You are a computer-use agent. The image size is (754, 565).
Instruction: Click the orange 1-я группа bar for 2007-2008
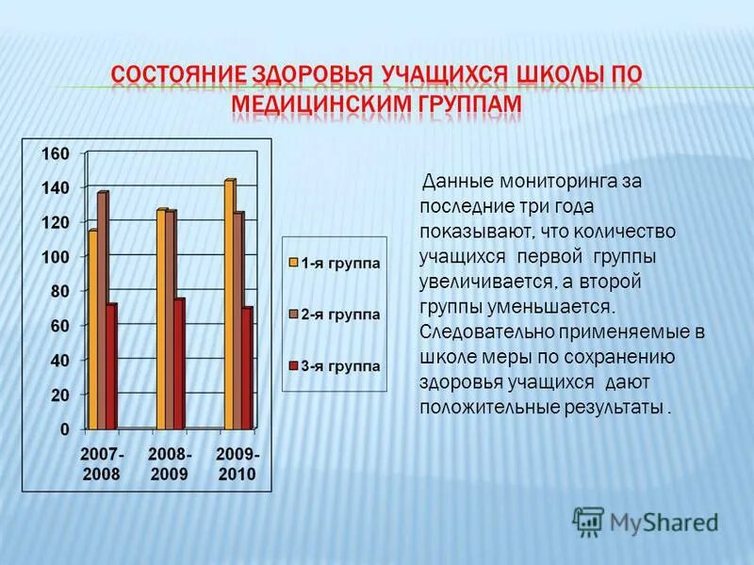[x=92, y=330]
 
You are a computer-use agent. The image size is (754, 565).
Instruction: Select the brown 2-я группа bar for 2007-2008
[x=102, y=311]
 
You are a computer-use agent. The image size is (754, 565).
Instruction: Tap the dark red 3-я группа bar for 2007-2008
[x=111, y=367]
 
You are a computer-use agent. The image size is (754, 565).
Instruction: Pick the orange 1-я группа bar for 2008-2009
[x=161, y=320]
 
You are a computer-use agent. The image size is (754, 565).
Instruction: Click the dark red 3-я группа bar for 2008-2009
[x=179, y=364]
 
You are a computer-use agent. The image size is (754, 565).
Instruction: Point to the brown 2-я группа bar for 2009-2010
[x=238, y=320]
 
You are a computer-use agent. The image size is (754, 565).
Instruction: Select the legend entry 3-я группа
[x=335, y=365]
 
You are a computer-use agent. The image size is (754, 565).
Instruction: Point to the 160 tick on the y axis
[x=56, y=153]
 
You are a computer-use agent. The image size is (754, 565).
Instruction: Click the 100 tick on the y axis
[x=56, y=257]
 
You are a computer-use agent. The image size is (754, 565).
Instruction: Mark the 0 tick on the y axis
[x=64, y=429]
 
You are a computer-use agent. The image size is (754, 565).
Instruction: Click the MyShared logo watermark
[x=646, y=520]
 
